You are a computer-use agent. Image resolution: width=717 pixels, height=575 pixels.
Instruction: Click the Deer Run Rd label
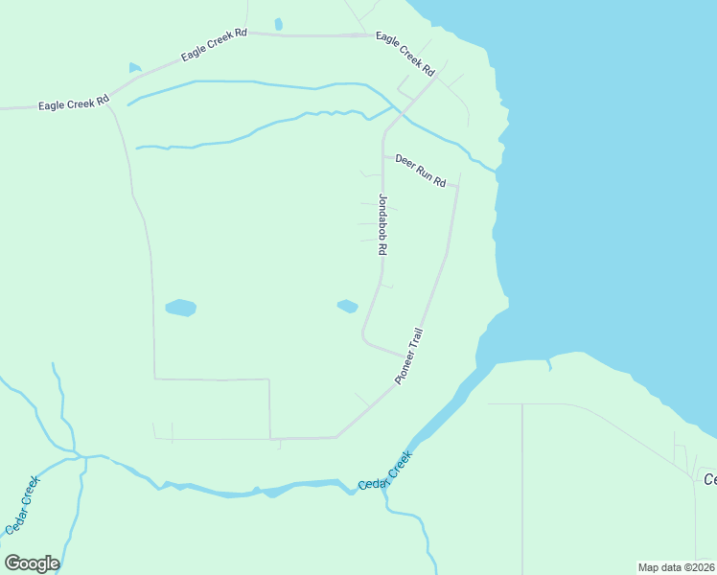(x=421, y=170)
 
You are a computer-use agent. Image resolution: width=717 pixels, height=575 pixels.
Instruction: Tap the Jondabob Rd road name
(x=382, y=224)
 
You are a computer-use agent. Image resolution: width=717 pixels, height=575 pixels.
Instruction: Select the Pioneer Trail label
(x=409, y=356)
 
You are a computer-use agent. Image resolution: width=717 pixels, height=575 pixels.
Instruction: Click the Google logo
(x=32, y=563)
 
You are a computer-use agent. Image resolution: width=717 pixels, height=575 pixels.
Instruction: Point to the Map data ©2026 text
(x=676, y=567)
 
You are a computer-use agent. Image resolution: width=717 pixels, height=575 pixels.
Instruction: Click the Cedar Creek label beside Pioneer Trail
(x=384, y=473)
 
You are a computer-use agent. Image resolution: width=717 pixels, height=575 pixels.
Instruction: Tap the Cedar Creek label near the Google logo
(x=22, y=505)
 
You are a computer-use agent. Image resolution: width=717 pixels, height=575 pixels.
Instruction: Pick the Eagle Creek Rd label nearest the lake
(x=405, y=54)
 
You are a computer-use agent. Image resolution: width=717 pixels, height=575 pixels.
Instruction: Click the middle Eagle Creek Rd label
(x=214, y=45)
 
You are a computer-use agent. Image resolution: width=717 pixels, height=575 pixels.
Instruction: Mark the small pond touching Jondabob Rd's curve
(x=347, y=307)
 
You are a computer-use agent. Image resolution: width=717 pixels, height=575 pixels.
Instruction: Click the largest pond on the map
(x=180, y=308)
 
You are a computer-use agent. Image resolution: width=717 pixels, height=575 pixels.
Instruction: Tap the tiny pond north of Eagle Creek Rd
(x=278, y=24)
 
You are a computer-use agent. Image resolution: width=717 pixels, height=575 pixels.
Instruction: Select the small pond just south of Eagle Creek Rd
(x=135, y=68)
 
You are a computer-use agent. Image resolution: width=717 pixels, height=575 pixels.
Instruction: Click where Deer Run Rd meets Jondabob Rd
(x=383, y=156)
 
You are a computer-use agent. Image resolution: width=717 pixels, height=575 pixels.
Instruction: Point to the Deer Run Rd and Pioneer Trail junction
(x=457, y=187)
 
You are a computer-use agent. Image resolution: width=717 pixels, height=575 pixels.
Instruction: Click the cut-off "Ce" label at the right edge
(x=709, y=479)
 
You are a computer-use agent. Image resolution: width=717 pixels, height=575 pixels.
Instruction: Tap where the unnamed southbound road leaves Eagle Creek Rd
(x=111, y=102)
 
